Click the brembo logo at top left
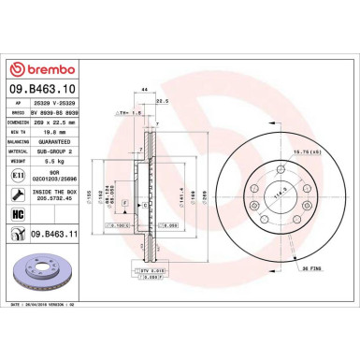click(43, 69)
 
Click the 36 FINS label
click(311, 267)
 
